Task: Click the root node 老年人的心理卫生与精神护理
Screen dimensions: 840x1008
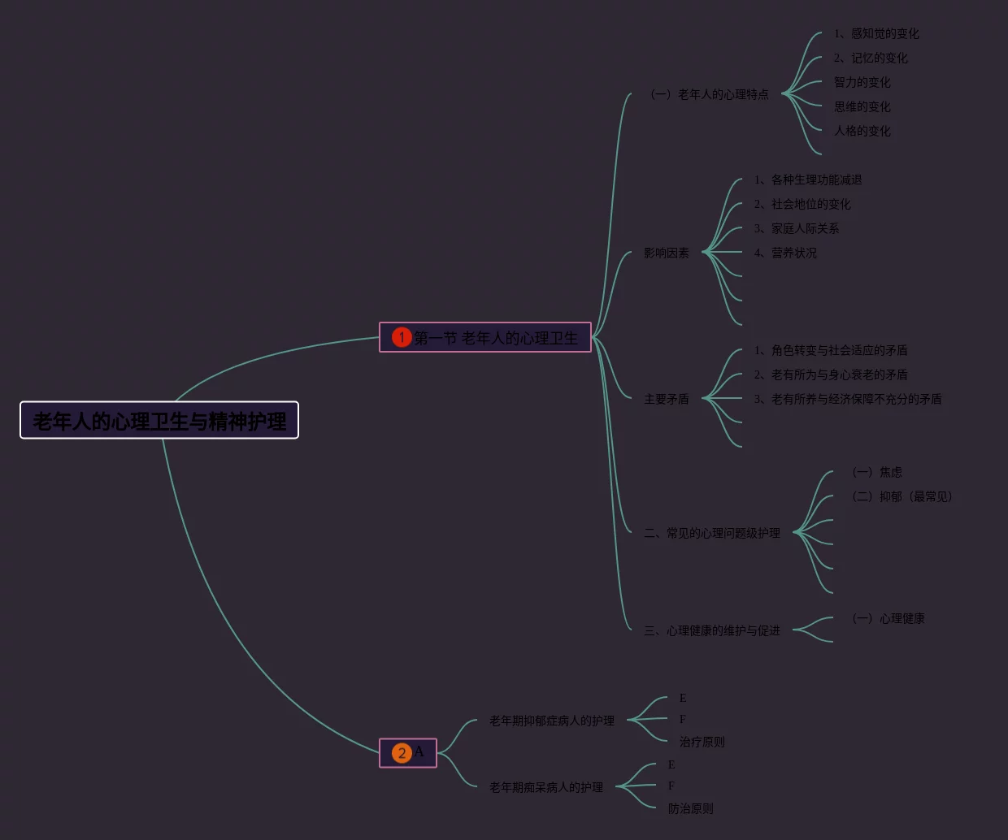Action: [x=159, y=421]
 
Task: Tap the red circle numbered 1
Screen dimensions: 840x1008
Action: [x=402, y=337]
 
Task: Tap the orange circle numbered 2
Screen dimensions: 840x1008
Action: [x=402, y=753]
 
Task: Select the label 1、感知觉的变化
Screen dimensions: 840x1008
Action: [x=876, y=33]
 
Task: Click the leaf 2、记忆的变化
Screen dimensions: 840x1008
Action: [x=871, y=58]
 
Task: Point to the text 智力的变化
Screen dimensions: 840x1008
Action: [x=862, y=82]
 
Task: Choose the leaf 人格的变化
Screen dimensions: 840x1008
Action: [x=862, y=131]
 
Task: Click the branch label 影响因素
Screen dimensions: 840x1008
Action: [x=667, y=253]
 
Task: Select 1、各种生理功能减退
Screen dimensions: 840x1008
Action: [x=808, y=180]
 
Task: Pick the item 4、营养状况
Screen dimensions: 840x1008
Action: [x=785, y=253]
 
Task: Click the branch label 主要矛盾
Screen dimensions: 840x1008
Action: [x=667, y=399]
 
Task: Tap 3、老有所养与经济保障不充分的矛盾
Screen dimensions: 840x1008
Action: [x=848, y=399]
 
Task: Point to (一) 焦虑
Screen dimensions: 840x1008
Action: [x=877, y=472]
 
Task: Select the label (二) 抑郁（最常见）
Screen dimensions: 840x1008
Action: [x=902, y=496]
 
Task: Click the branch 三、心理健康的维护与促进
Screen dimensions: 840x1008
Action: [x=712, y=630]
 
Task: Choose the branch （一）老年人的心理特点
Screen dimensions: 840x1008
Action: [x=710, y=94]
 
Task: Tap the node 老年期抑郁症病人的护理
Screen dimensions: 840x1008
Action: [x=552, y=721]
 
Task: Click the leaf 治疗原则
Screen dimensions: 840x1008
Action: [x=702, y=742]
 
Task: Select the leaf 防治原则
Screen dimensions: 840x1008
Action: [x=691, y=808]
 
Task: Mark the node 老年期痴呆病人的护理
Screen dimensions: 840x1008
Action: [x=546, y=787]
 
